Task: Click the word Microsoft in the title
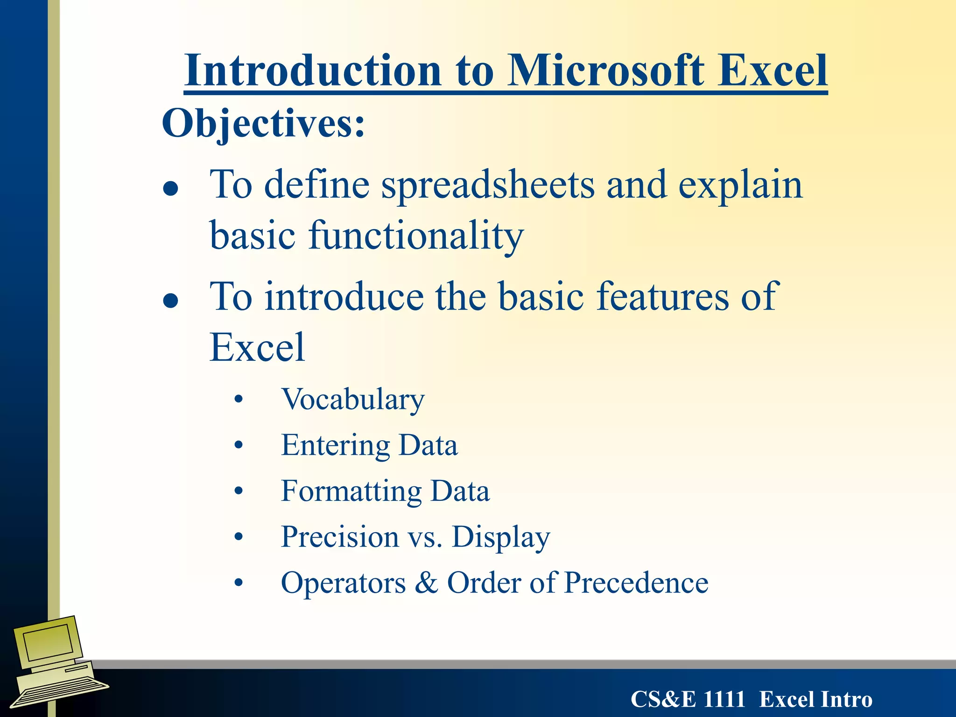[x=606, y=71]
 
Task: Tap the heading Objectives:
[x=263, y=123]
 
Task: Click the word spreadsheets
[x=488, y=186]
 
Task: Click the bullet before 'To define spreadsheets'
[x=171, y=189]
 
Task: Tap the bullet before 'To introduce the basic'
[x=171, y=301]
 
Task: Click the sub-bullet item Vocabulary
[x=353, y=400]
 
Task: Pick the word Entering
[x=335, y=446]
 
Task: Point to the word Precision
[x=340, y=537]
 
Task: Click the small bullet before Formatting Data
[x=239, y=492]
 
